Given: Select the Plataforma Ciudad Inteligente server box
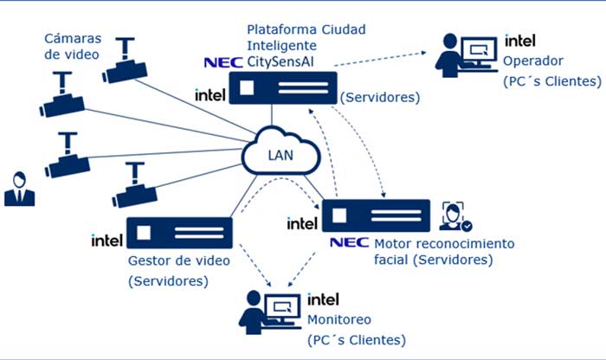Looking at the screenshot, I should (282, 88).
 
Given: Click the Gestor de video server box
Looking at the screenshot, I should (179, 235).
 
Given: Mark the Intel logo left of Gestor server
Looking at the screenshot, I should (106, 240).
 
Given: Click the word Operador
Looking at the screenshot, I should (532, 61).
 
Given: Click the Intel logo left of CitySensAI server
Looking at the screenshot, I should (211, 93).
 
